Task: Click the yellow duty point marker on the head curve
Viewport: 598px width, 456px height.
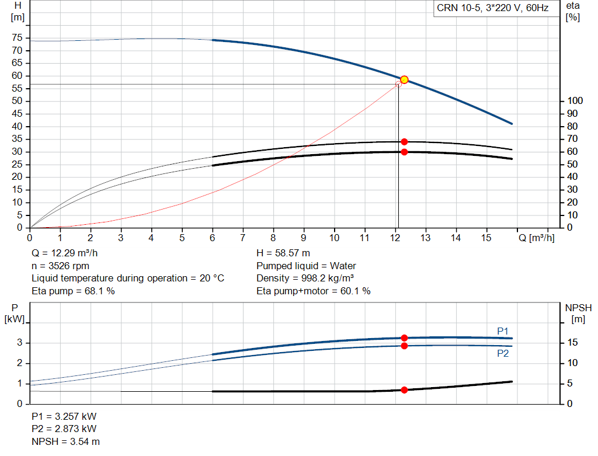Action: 404,79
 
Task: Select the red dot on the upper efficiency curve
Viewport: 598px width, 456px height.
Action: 404,142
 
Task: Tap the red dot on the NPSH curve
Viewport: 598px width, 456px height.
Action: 404,390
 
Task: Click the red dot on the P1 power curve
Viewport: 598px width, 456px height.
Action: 404,338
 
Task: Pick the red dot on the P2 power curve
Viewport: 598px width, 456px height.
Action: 404,346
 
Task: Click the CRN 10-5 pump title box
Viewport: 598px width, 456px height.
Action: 493,8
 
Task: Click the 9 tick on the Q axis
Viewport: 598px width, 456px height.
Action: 304,238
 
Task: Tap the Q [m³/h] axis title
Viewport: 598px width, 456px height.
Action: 536,238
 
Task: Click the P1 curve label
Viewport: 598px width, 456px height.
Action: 503,331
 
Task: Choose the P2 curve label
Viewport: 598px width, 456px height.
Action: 503,353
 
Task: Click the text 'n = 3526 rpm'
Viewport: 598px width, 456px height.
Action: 62,266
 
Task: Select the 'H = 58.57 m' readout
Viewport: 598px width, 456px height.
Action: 284,253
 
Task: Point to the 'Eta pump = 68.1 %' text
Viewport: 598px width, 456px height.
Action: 73,291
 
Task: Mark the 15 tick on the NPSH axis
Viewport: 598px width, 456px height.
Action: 573,343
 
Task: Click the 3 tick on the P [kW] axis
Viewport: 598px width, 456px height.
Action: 20,343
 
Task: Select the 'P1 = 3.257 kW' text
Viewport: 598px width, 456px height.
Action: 64,417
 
